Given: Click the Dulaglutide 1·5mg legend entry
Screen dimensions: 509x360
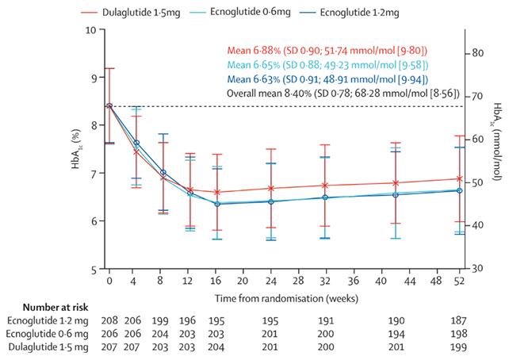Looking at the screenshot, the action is coord(131,13).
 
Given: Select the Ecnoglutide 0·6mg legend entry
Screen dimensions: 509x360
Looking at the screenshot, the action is coord(240,13).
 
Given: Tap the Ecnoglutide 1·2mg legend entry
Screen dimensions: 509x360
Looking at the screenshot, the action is coord(350,13).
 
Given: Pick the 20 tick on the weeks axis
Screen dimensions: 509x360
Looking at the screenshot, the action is coord(242,281).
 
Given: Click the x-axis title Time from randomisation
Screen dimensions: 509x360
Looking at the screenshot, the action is coord(286,298).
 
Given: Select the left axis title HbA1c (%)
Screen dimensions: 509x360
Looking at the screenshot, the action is coord(75,149).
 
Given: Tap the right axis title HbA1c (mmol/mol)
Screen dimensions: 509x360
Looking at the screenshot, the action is coord(497,141).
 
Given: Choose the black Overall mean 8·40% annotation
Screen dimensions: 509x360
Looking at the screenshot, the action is coord(343,94).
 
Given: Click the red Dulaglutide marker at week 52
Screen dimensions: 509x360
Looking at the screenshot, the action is coord(460,178).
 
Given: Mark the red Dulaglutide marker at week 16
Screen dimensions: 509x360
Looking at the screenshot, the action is coord(217,192).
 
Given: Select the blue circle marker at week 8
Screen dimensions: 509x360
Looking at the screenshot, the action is coord(163,173).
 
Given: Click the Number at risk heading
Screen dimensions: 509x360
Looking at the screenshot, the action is coord(55,307).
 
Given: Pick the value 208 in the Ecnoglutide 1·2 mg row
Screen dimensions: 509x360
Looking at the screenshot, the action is coord(109,320).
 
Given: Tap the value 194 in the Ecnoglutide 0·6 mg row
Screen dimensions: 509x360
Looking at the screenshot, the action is coord(396,334).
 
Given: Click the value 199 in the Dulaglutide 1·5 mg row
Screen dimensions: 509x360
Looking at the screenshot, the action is coord(458,347).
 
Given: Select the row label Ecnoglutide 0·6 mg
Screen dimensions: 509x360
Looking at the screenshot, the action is coord(47,334).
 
